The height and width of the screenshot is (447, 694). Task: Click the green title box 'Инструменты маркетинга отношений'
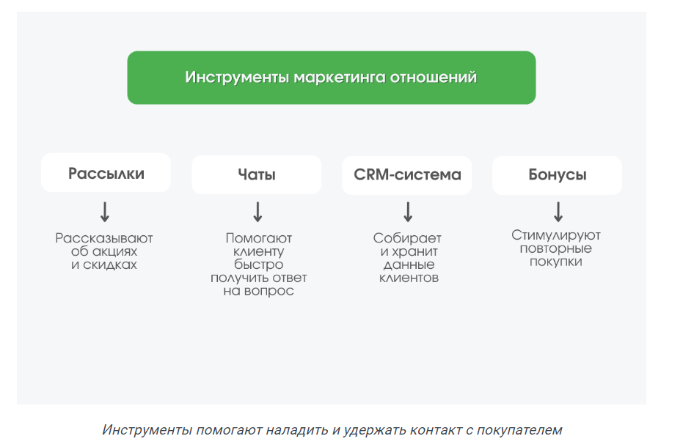332,78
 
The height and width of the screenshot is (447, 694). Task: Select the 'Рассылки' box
106,173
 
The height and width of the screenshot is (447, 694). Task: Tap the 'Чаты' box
257,174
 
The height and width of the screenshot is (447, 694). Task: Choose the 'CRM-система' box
406,175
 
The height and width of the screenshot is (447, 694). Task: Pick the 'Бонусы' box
558,175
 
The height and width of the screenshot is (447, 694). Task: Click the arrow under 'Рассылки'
105,212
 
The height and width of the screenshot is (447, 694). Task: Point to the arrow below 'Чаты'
257,212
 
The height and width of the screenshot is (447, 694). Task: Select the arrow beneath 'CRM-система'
408,212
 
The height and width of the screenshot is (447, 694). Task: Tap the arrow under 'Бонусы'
558,212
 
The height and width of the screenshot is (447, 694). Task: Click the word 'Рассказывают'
104,238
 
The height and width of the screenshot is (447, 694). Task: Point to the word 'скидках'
110,265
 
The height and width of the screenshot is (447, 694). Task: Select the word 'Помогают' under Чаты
259,238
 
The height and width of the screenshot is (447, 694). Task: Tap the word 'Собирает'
407,238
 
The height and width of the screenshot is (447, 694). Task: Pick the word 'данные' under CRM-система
409,265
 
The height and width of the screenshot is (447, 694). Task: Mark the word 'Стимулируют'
556,235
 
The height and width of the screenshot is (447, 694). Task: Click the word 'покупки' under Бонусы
556,262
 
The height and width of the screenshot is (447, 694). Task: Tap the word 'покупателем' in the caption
519,429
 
